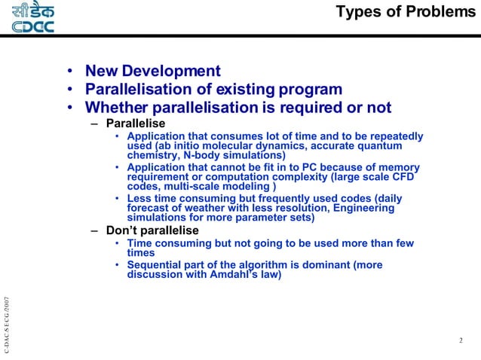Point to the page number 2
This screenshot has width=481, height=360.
(461, 341)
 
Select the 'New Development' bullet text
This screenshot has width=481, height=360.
(152, 72)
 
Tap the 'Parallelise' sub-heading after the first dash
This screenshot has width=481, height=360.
(136, 123)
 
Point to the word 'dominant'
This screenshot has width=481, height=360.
(319, 265)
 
